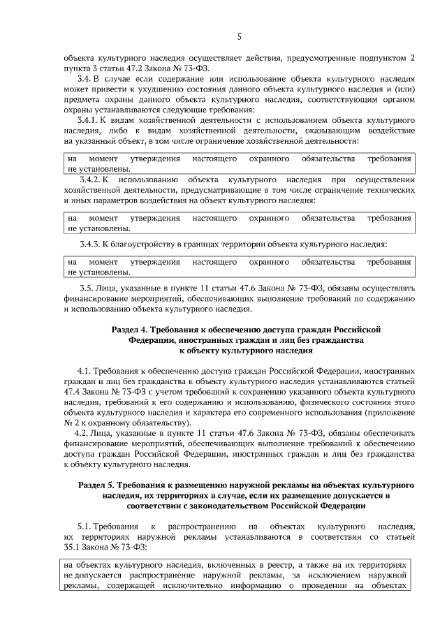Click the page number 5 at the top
pyautogui.click(x=239, y=36)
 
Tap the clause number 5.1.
pyautogui.click(x=89, y=524)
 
